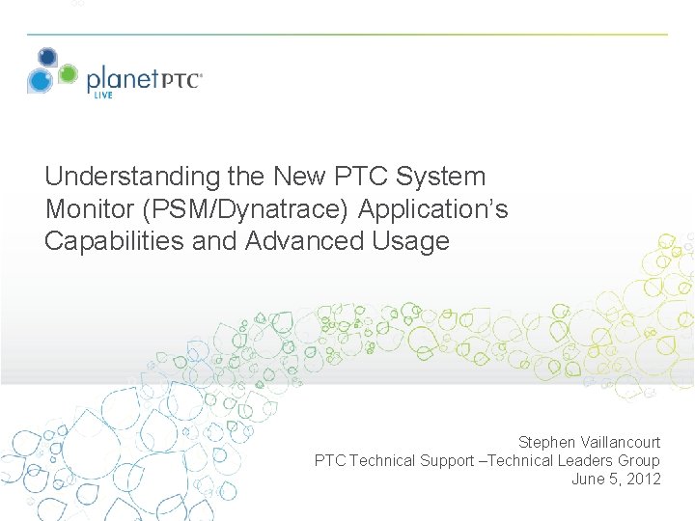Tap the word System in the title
pos(442,177)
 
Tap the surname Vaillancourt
pos(620,442)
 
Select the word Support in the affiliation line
pos(448,460)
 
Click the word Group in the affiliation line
pos(639,460)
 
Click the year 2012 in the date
pos(642,479)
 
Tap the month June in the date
pos(588,479)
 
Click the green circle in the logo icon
pos(68,73)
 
